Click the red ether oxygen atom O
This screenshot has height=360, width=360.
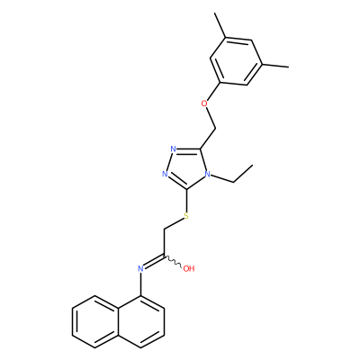coord(204,103)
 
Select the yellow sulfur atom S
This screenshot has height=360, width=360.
coord(186,216)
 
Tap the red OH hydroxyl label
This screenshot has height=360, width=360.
coord(189,268)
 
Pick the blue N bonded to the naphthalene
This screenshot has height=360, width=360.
coord(140,268)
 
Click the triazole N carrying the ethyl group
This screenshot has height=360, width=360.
coord(207,174)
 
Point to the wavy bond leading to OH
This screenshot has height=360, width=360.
coord(173,262)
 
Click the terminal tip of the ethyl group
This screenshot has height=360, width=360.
coord(253,165)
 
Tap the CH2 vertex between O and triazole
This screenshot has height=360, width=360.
coord(215,129)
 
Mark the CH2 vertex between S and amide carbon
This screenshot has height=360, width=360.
coord(164,230)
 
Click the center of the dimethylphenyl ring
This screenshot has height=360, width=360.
coord(236,61)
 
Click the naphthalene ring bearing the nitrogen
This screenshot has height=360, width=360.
coord(140,321)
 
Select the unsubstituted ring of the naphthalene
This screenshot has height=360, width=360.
coord(95,321)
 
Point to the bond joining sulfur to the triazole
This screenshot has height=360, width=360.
coord(187,201)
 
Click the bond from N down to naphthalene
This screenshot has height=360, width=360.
coord(140,284)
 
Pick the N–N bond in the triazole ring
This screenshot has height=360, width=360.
coord(169,161)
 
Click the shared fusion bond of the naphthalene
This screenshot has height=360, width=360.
coord(118,321)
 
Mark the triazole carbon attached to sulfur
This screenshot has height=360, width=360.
coord(187,189)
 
